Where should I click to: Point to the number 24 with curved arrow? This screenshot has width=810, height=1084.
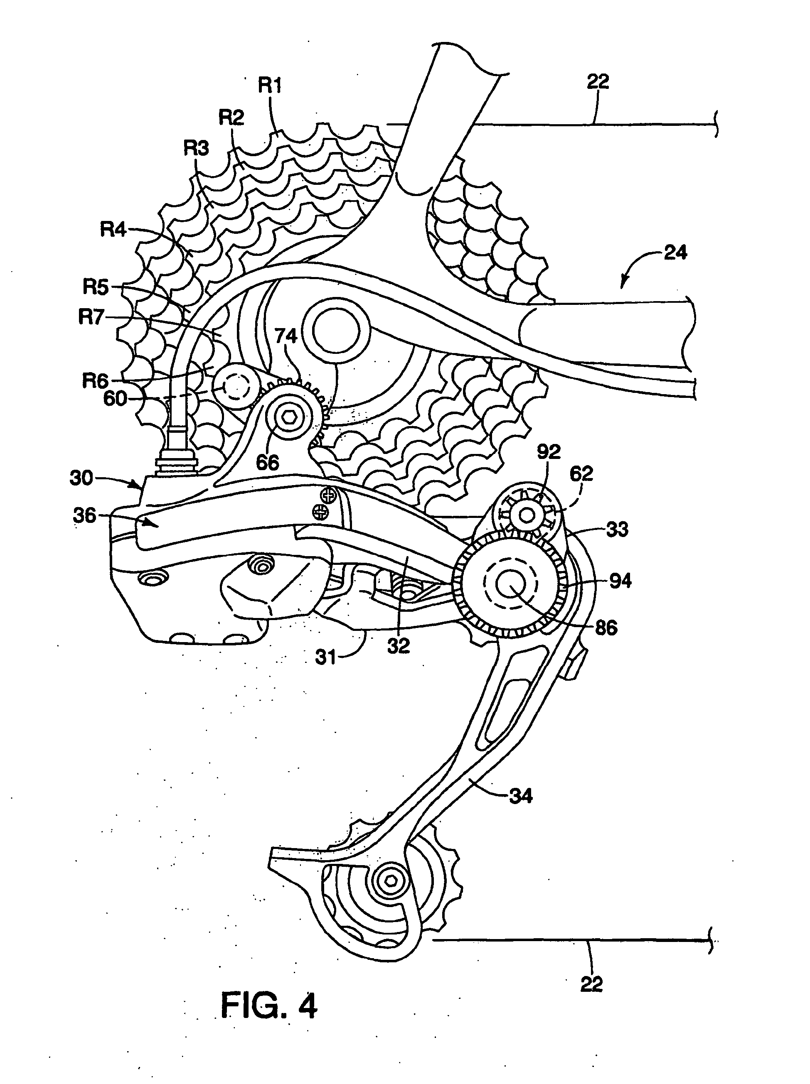coord(675,253)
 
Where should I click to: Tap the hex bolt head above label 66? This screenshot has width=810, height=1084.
coord(290,417)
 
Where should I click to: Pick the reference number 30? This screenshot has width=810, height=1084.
coord(81,478)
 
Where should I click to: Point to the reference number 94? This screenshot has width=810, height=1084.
coord(620,582)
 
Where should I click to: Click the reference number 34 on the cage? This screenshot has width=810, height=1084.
coord(520,796)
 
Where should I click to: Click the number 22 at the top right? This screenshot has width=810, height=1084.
coord(598,81)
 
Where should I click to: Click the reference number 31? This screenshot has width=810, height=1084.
coord(325,657)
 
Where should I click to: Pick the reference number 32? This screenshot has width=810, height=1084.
coord(398,646)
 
